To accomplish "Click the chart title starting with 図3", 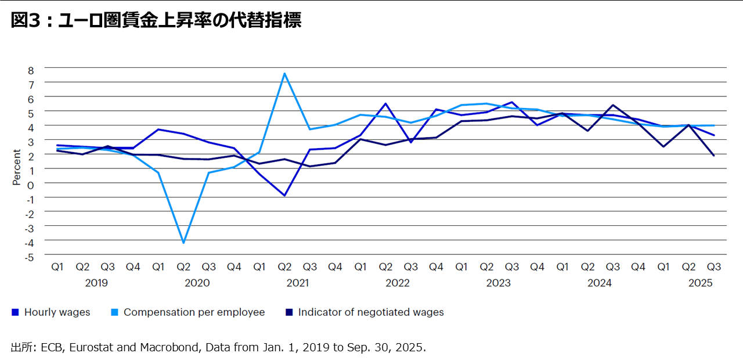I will coord(156,21).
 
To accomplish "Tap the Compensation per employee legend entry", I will coord(188,312).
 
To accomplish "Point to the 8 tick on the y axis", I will coord(31,69).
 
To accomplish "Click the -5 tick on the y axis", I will coord(30,256).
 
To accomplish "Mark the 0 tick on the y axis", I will coord(31,183).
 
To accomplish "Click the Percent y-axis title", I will coord(16,167).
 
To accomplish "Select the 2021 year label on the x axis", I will coord(297,283).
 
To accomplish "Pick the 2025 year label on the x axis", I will coord(700,283).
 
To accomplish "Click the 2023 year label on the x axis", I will coord(499,283).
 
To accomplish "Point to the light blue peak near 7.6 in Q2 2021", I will coord(284,73).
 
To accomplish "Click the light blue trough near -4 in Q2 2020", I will coord(183,243).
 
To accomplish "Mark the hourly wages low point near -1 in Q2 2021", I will coord(284,196).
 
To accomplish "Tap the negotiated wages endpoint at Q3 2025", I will coord(713,156).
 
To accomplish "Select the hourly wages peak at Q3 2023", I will coord(511,102).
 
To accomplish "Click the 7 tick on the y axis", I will coord(31,83).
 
